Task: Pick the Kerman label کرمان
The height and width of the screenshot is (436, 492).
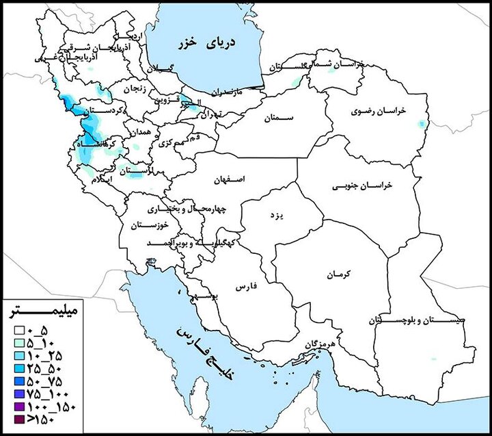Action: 338,274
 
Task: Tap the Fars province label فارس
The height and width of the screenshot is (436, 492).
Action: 245,287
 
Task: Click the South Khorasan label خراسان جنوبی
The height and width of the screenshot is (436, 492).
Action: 363,185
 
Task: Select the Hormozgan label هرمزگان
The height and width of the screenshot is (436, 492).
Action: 302,342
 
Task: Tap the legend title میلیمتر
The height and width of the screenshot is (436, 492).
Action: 43,313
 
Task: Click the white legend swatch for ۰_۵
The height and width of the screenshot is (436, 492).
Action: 12,330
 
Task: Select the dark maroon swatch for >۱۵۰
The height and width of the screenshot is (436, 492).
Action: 12,421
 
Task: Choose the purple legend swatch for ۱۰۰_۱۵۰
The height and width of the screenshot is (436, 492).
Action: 12,408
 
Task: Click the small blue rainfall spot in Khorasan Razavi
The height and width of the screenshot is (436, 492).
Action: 420,125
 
